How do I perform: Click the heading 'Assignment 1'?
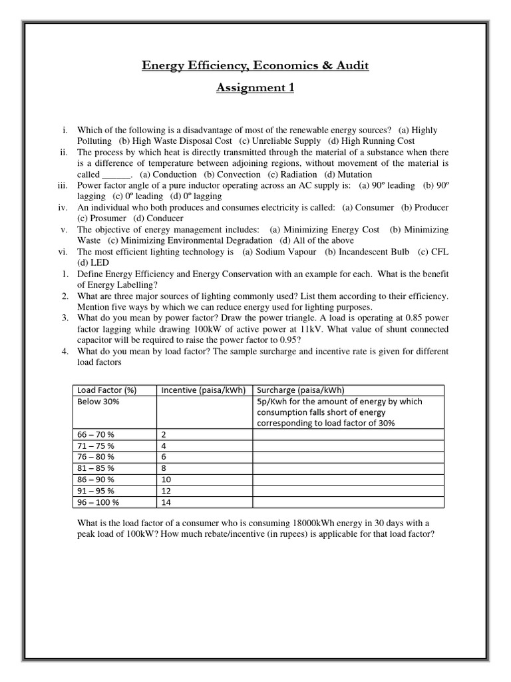(255, 88)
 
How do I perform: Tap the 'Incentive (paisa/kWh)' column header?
(198, 390)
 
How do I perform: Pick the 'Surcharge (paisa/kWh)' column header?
(300, 390)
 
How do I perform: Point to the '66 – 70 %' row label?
(96, 434)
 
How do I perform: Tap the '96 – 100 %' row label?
(98, 502)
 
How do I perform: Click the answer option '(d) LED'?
(92, 263)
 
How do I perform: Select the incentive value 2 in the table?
(164, 434)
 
